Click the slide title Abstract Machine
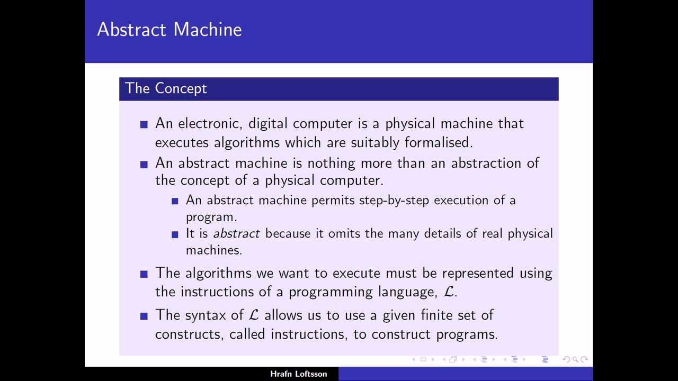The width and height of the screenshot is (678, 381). click(x=169, y=30)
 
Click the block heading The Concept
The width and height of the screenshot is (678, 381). click(x=166, y=88)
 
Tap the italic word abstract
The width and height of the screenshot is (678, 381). click(x=236, y=234)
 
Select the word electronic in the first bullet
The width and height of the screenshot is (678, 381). click(x=210, y=124)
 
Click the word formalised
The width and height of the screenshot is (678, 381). click(x=439, y=143)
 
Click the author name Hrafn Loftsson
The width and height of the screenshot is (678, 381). click(x=299, y=374)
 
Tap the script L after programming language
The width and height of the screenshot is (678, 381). click(x=449, y=292)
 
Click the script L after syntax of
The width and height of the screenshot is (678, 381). click(x=254, y=315)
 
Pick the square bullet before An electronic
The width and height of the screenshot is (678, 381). click(x=144, y=124)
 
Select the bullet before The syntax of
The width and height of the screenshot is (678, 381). click(x=144, y=316)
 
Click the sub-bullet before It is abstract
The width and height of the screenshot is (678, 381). click(x=175, y=234)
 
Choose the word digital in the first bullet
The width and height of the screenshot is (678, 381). click(x=268, y=124)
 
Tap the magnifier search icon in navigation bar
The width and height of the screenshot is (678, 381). click(x=575, y=360)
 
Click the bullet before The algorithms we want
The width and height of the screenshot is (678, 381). click(x=144, y=274)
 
